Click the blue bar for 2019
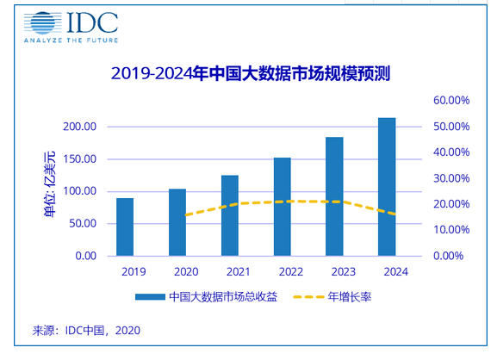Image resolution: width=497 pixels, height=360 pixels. click(x=125, y=227)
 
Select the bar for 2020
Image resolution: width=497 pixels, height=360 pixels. click(x=177, y=222)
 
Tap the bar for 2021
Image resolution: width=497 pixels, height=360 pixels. click(x=230, y=215)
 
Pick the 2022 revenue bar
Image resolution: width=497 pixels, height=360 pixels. click(x=283, y=207)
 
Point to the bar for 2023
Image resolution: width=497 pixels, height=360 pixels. click(x=334, y=196)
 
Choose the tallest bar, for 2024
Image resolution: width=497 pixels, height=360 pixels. click(x=387, y=187)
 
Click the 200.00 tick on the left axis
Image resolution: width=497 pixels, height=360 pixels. click(x=79, y=127)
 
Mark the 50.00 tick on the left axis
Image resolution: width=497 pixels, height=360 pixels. click(x=83, y=223)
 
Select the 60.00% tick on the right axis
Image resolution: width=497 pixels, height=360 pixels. click(x=451, y=101)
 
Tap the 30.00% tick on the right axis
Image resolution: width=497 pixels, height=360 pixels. click(x=451, y=178)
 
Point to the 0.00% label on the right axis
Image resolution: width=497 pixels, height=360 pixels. click(x=448, y=256)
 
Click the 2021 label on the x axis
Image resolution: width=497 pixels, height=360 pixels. click(x=239, y=272)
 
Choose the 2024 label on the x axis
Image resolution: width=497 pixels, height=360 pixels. click(x=396, y=272)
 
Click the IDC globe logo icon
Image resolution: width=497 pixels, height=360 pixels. click(x=43, y=22)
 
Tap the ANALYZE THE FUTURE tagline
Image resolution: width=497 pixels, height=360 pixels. click(x=71, y=40)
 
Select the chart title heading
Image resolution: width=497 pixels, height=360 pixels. click(x=251, y=73)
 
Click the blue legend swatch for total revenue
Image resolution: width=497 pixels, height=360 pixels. click(x=150, y=297)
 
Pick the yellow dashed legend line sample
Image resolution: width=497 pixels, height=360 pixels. click(x=308, y=297)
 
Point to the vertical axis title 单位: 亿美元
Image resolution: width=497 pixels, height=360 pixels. click(x=50, y=184)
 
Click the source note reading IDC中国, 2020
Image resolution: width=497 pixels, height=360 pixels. click(x=86, y=331)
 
